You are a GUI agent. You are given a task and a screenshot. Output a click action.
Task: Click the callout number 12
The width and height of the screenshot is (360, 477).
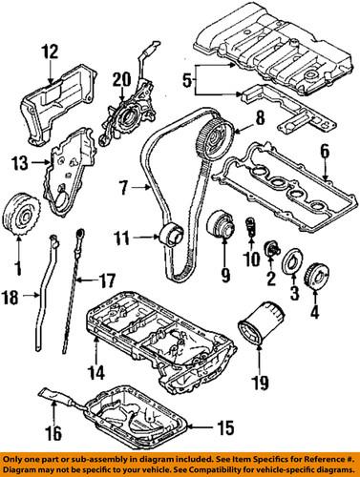click(51, 52)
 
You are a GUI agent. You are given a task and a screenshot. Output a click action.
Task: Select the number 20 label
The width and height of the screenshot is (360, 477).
click(121, 79)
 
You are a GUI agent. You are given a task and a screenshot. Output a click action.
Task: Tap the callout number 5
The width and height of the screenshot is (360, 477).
click(188, 80)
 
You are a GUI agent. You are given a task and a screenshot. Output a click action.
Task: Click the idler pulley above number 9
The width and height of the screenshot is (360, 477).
click(222, 224)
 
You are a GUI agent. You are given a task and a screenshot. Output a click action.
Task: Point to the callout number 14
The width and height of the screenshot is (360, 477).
click(96, 372)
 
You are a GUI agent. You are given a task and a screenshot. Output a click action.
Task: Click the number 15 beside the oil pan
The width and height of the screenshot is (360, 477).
click(225, 428)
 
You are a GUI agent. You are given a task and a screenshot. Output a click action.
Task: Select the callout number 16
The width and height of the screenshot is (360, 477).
click(53, 433)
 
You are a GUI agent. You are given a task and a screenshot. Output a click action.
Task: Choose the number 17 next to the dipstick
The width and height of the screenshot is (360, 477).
click(106, 280)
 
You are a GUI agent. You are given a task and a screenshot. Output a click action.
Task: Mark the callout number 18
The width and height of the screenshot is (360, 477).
click(11, 299)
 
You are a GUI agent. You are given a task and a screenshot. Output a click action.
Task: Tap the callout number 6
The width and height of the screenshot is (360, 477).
click(324, 153)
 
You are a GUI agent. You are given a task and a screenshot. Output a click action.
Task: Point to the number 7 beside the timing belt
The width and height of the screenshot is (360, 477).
click(125, 188)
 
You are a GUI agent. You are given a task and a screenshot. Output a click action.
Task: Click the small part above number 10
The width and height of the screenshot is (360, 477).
click(251, 226)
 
